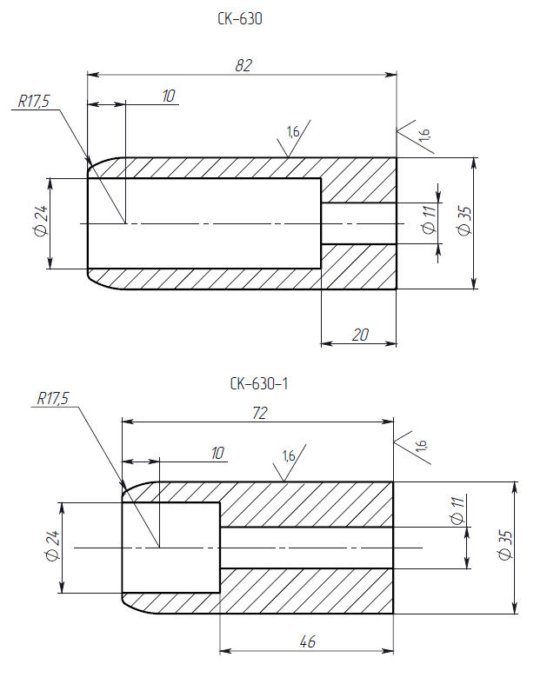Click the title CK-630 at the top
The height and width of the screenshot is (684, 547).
pyautogui.click(x=240, y=17)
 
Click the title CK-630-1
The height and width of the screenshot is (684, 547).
pyautogui.click(x=258, y=383)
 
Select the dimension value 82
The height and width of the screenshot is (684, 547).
pyautogui.click(x=243, y=64)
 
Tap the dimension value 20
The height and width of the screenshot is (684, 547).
pyautogui.click(x=358, y=334)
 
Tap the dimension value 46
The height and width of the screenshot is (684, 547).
pyautogui.click(x=307, y=641)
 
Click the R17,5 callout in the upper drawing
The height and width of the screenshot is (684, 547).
pyautogui.click(x=35, y=102)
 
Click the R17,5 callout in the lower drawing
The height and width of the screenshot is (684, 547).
pyautogui.click(x=53, y=399)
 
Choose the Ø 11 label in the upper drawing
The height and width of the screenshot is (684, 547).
pyautogui.click(x=427, y=220)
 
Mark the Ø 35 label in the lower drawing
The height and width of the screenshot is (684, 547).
pyautogui.click(x=503, y=545)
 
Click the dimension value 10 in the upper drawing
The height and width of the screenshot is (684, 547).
pyautogui.click(x=169, y=96)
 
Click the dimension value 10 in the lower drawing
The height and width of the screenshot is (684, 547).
pyautogui.click(x=217, y=452)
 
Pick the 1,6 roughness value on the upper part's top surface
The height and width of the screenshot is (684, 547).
pyautogui.click(x=292, y=132)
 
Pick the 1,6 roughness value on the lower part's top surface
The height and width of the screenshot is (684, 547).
pyautogui.click(x=289, y=455)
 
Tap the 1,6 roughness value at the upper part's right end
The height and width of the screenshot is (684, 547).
pyautogui.click(x=424, y=134)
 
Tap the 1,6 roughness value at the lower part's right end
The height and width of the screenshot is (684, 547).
pyautogui.click(x=421, y=445)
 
